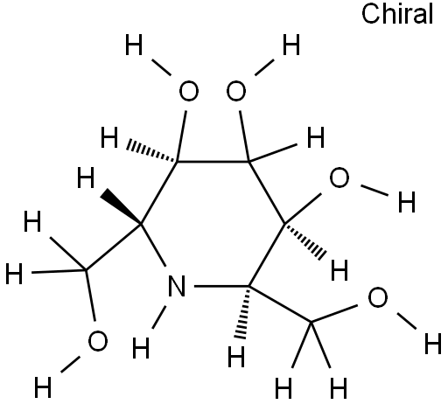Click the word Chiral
(397, 14)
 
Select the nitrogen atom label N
(177, 286)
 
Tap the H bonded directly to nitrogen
(141, 348)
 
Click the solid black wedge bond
(121, 207)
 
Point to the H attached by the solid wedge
(86, 178)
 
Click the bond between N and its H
(159, 317)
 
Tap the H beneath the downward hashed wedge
(236, 356)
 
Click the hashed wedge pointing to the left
(152, 152)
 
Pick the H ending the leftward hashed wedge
(109, 137)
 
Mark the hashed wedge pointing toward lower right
(305, 240)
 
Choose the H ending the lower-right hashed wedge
(339, 270)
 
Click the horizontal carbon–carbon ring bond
(213, 161)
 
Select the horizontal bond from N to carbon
(221, 286)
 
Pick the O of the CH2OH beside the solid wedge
(98, 341)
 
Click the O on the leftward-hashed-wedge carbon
(189, 91)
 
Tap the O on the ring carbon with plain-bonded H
(236, 91)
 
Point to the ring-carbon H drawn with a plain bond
(316, 137)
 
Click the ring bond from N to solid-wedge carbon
(153, 245)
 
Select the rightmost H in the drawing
(433, 344)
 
